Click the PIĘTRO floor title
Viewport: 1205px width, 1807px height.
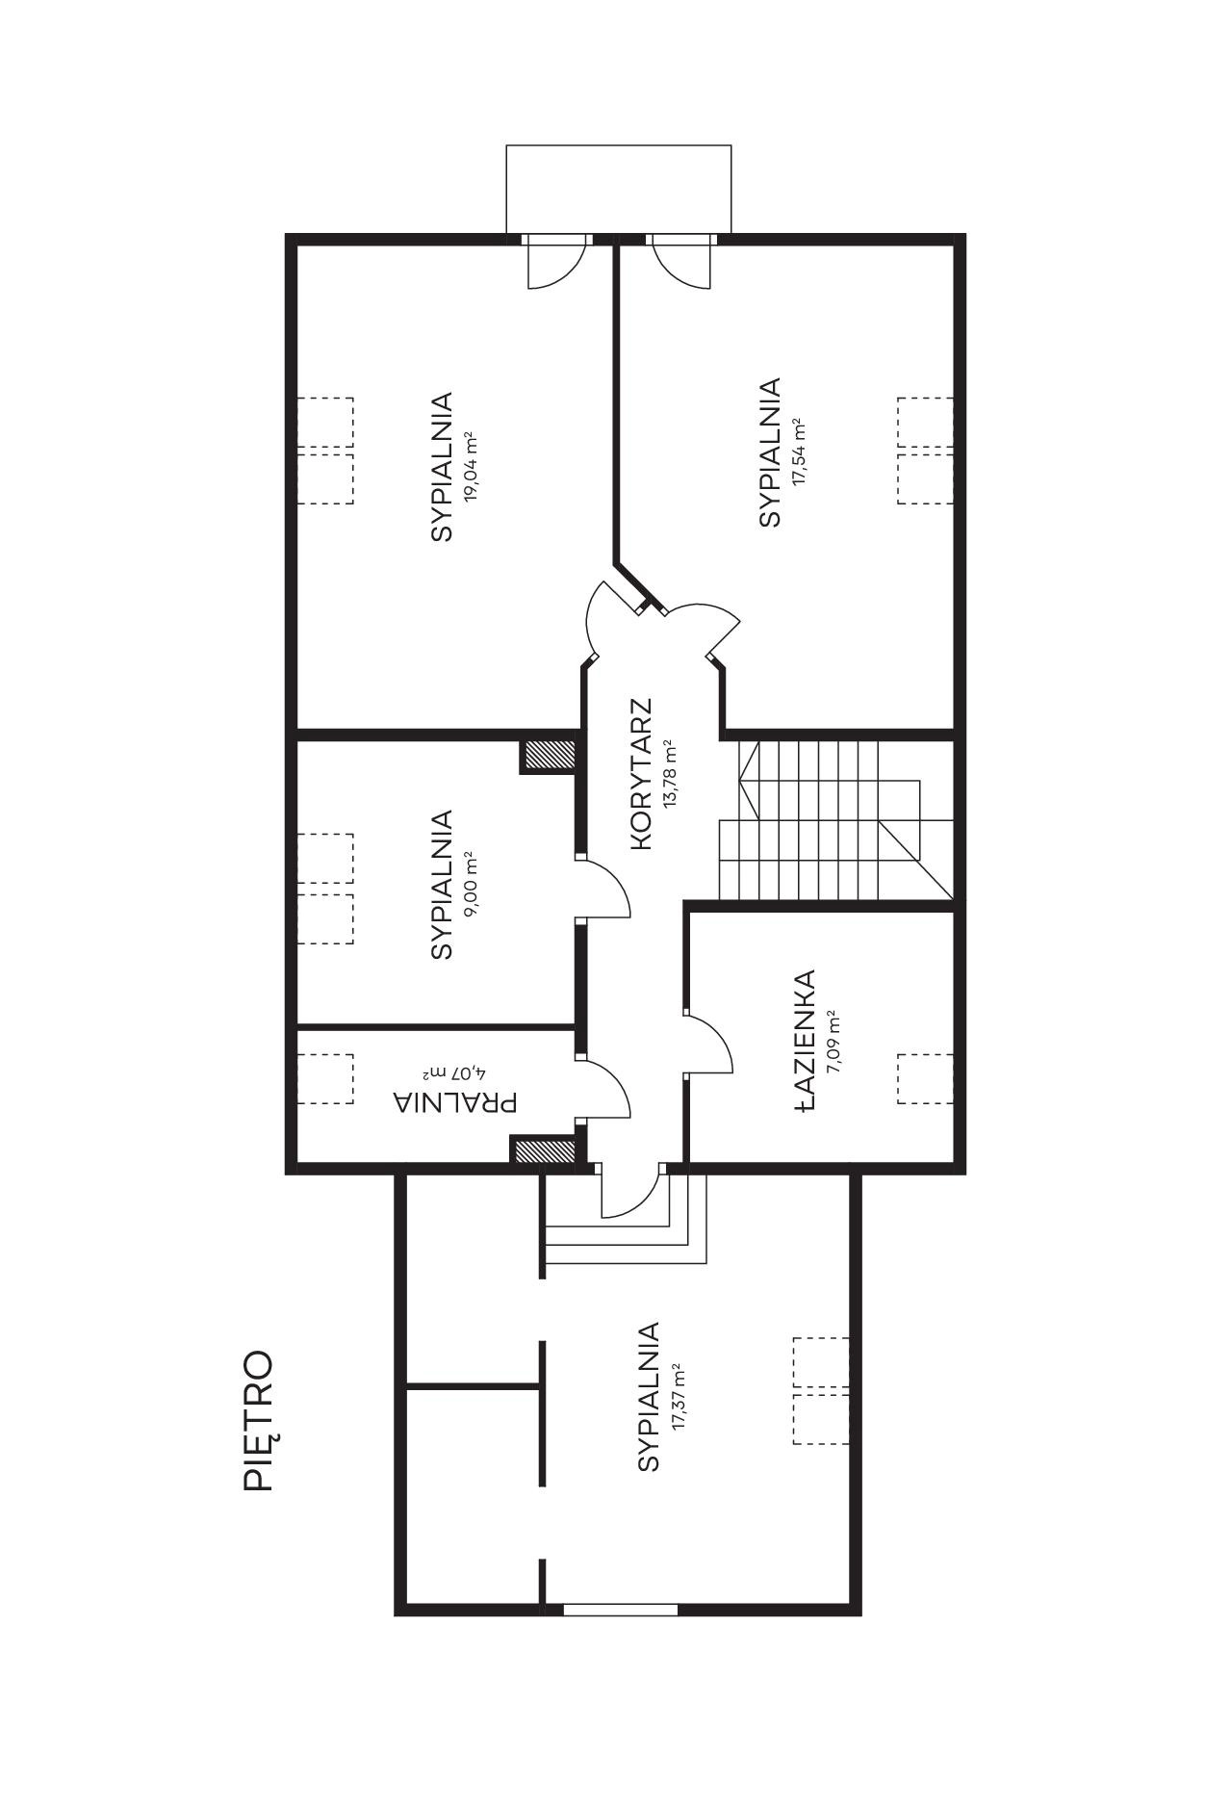coord(259,1421)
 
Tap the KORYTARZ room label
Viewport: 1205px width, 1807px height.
coord(642,774)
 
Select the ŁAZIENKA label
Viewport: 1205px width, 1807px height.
coord(806,1041)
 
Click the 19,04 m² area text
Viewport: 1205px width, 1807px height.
coord(471,467)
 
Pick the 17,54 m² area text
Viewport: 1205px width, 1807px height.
coord(798,452)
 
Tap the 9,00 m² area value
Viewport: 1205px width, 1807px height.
coord(471,885)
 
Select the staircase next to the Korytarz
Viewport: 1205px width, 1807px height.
coord(835,819)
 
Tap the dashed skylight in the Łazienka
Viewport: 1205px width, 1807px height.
coord(925,1079)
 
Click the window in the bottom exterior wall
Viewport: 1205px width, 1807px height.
coord(621,1609)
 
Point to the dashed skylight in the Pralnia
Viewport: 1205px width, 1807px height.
coord(324,1079)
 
